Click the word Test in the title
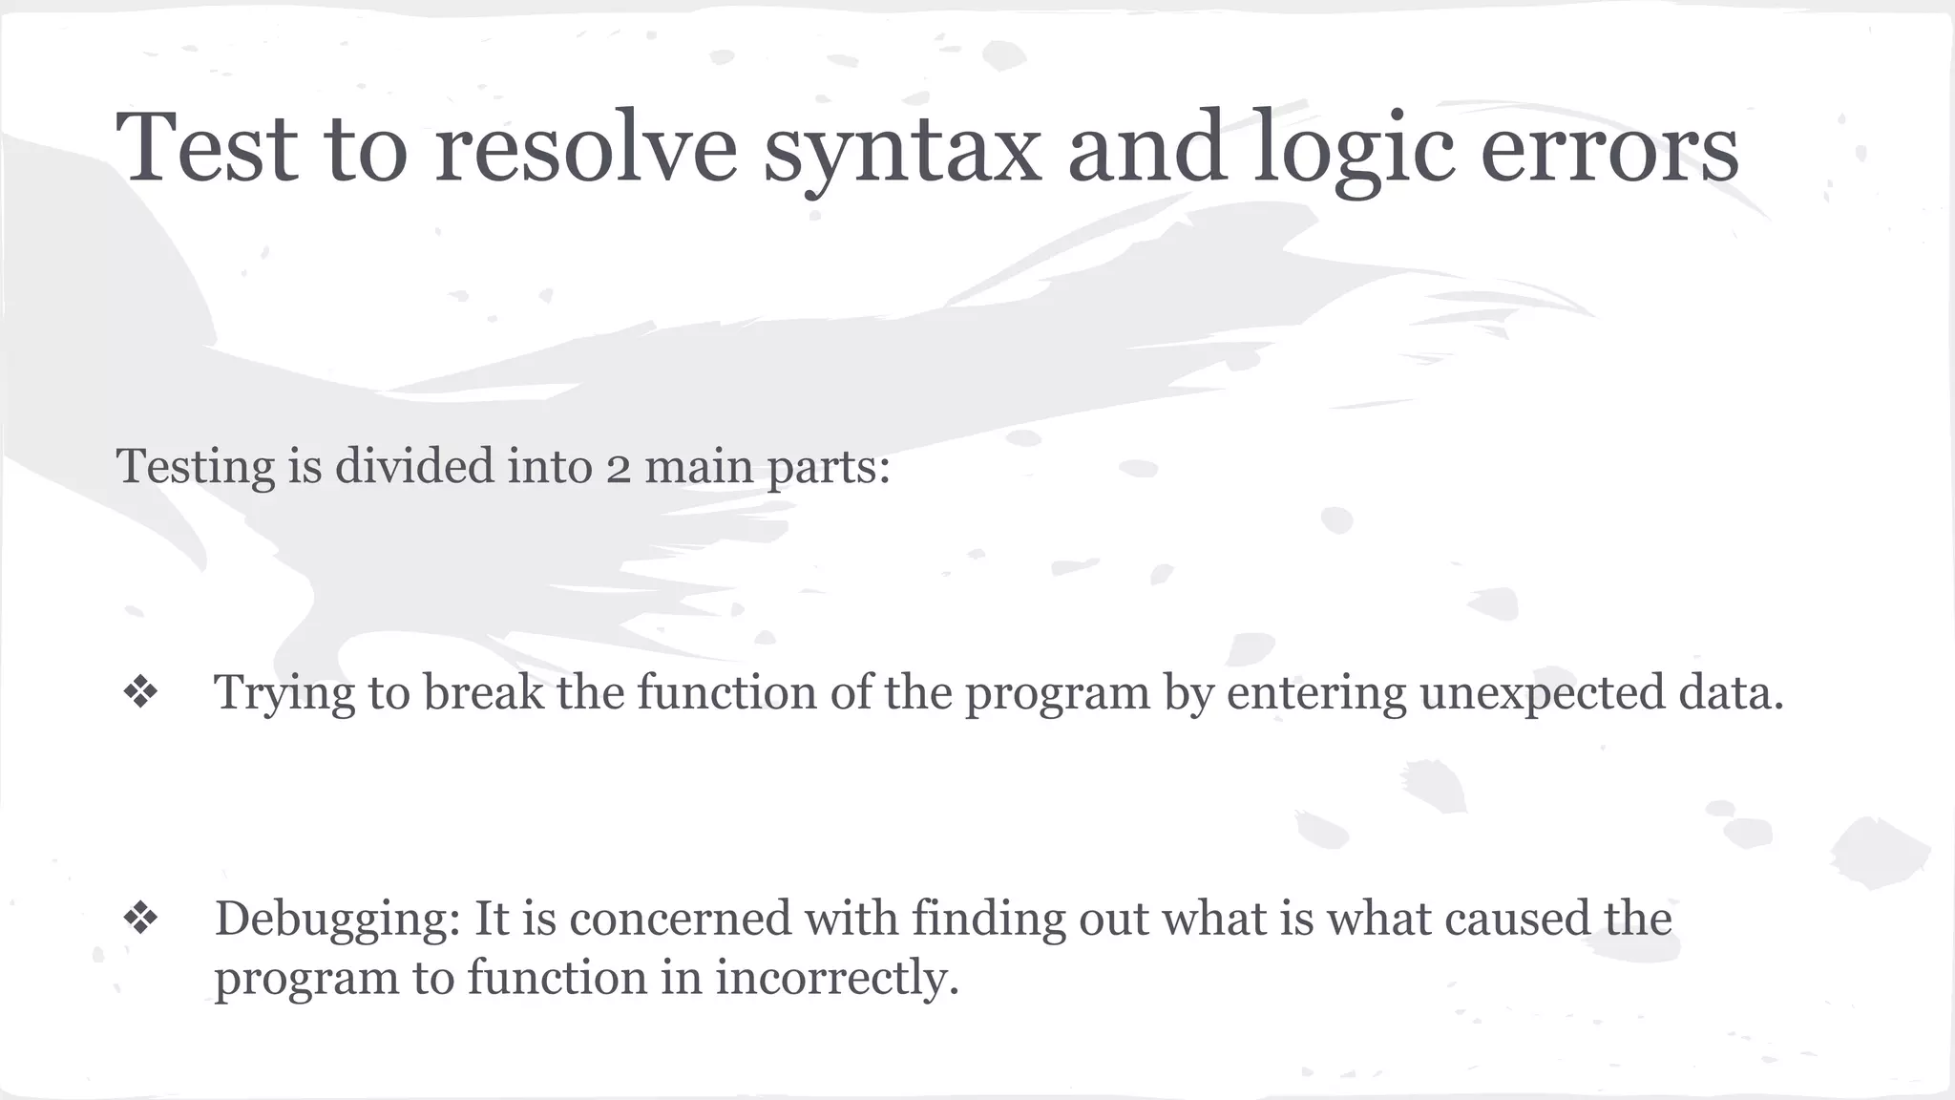(206, 148)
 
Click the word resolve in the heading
(585, 148)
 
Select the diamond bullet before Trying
(140, 692)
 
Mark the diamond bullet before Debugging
(140, 919)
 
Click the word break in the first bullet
(483, 692)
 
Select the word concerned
(681, 919)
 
